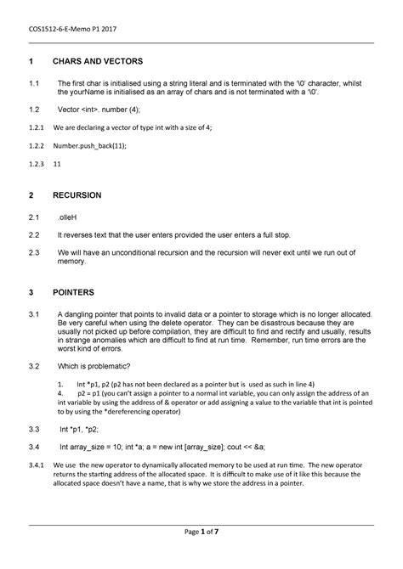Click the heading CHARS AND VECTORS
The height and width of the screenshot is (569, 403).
[x=98, y=63]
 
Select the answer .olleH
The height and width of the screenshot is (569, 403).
[x=68, y=217]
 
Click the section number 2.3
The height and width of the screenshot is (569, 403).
[x=34, y=252]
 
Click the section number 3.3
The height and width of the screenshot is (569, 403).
[x=34, y=430]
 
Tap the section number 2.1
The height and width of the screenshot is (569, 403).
[x=34, y=217]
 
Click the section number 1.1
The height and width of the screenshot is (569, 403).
[x=34, y=82]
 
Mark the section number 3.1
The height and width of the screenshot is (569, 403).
[x=34, y=314]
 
